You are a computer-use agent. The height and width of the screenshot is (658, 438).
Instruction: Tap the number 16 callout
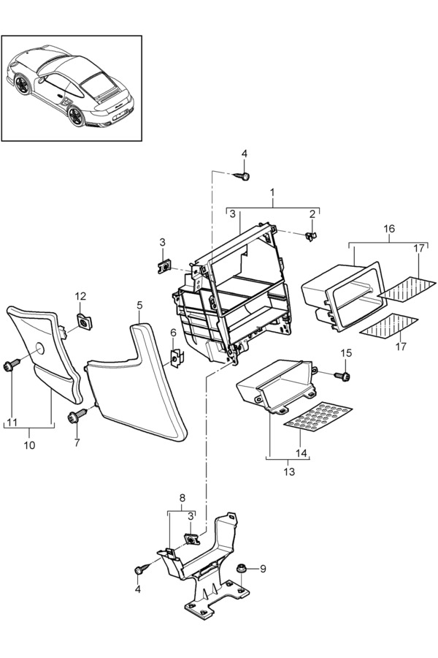pyautogui.click(x=389, y=229)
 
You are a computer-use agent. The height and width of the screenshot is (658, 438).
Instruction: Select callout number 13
pyautogui.click(x=289, y=472)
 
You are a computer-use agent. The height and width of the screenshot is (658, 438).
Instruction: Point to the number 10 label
pyautogui.click(x=29, y=445)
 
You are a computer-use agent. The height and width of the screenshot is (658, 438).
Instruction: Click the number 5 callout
pyautogui.click(x=139, y=305)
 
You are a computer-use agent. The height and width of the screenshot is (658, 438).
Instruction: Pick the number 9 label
pyautogui.click(x=264, y=569)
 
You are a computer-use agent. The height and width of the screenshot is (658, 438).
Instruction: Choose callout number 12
pyautogui.click(x=80, y=296)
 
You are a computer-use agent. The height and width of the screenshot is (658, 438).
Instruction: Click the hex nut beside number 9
pyautogui.click(x=242, y=569)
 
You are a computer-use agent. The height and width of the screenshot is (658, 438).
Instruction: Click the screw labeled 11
pyautogui.click(x=12, y=364)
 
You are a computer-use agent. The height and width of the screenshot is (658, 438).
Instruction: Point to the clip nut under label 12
pyautogui.click(x=85, y=321)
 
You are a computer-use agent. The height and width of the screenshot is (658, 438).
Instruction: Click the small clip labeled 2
pyautogui.click(x=311, y=236)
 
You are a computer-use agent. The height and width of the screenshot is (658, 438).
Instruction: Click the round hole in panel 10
pyautogui.click(x=39, y=349)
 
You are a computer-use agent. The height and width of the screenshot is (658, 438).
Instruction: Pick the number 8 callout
pyautogui.click(x=182, y=498)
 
